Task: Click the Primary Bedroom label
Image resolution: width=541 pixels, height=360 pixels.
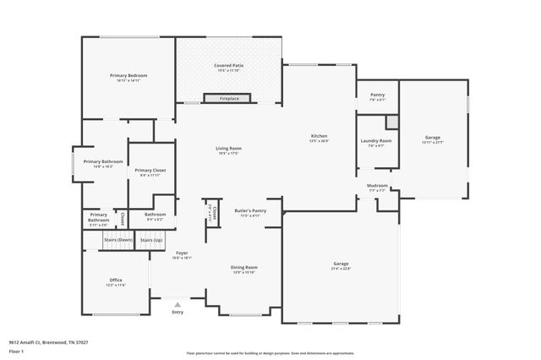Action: click(128, 76)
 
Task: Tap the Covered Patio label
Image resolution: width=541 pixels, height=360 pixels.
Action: click(228, 64)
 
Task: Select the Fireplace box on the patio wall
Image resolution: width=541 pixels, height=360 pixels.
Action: click(229, 99)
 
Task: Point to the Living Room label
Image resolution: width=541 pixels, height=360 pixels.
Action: click(228, 149)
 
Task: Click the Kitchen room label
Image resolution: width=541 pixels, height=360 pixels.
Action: click(319, 136)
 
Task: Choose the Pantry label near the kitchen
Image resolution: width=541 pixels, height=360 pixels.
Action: click(377, 95)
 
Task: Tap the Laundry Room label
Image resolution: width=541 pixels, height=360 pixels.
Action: click(376, 140)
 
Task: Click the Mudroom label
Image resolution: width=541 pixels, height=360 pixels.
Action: click(377, 185)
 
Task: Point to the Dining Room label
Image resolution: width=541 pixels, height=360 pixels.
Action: click(243, 267)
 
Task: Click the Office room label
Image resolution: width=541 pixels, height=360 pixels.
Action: click(116, 280)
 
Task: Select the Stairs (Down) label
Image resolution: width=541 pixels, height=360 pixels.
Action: click(117, 240)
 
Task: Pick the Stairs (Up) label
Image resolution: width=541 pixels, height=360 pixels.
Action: click(151, 240)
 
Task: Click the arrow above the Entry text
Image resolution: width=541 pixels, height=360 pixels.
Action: click(177, 303)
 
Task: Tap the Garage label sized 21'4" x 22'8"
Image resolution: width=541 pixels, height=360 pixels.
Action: click(341, 265)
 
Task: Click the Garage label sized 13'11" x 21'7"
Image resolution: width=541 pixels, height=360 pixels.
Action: click(432, 137)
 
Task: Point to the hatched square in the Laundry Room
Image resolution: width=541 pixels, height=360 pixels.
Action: click(391, 122)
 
